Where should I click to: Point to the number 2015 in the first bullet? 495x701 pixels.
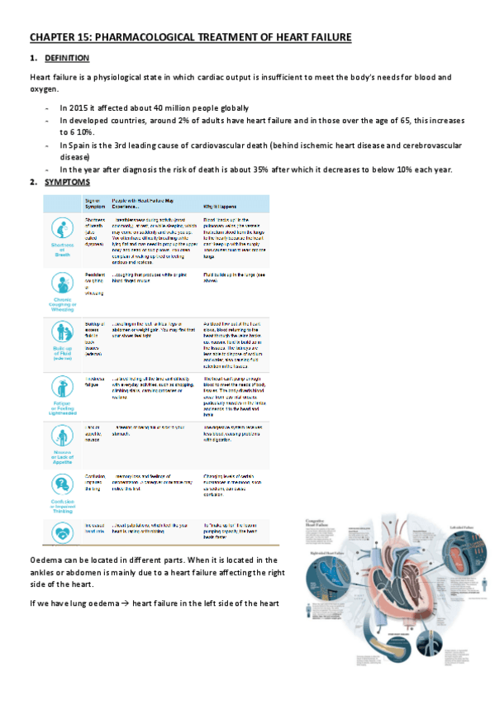pos(78,108)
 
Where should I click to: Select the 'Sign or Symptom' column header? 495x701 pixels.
pos(93,203)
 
